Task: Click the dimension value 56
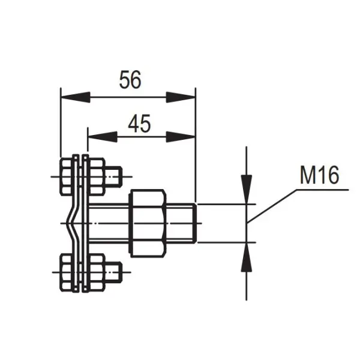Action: click(x=130, y=80)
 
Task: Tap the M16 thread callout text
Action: click(x=319, y=175)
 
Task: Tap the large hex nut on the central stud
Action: click(x=148, y=223)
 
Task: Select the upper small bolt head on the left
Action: click(x=67, y=176)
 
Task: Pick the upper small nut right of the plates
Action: click(x=98, y=175)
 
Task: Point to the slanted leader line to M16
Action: click(x=273, y=206)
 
